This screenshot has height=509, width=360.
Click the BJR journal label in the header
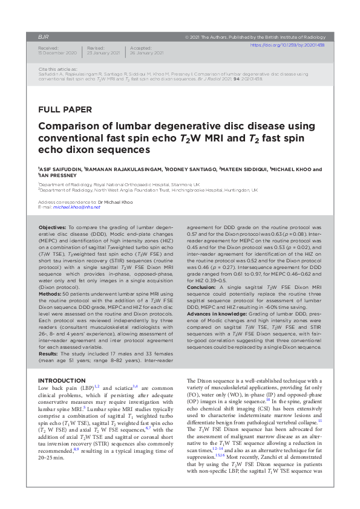(43, 37)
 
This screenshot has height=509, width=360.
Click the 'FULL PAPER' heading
(65, 109)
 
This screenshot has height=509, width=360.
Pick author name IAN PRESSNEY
(59, 176)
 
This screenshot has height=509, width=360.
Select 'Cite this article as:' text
(57, 69)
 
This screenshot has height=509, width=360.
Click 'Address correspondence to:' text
(67, 201)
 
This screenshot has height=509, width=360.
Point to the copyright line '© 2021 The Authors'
(257, 37)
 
